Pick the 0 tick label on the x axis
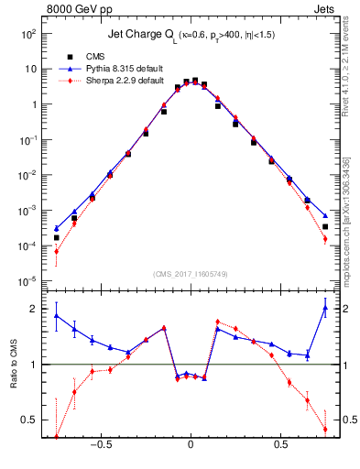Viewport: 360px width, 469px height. (191, 447)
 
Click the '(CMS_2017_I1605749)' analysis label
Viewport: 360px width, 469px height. (191, 274)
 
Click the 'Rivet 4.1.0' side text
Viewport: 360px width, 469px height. (353, 101)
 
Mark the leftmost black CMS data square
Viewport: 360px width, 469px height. (57, 237)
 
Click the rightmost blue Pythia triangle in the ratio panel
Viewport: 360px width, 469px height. (325, 308)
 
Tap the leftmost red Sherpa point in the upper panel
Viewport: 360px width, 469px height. (57, 251)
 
